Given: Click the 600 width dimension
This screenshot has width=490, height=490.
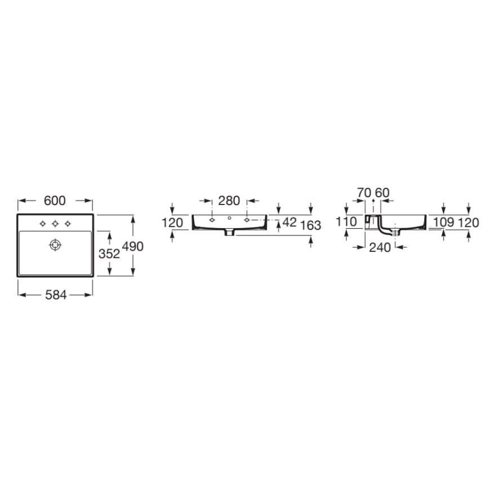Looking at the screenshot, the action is pos(55,201).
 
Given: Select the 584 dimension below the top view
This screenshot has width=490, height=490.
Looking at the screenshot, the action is pos(56,295).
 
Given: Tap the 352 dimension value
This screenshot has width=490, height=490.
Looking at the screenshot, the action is pos(109,254).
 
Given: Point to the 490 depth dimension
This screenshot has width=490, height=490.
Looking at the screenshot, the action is pos(133,246).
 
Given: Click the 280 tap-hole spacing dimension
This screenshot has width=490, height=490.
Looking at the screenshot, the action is pos(229,201).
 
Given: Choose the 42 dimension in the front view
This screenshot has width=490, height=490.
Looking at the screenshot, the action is pos(289,222).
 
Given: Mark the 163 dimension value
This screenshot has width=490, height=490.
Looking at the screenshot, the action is pos(310,225).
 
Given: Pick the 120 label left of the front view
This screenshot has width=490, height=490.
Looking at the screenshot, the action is pos(172,223).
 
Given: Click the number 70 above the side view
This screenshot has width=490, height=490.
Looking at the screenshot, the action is pos(364,193).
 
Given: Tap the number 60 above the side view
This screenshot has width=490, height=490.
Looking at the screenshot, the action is pos(382,193).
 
